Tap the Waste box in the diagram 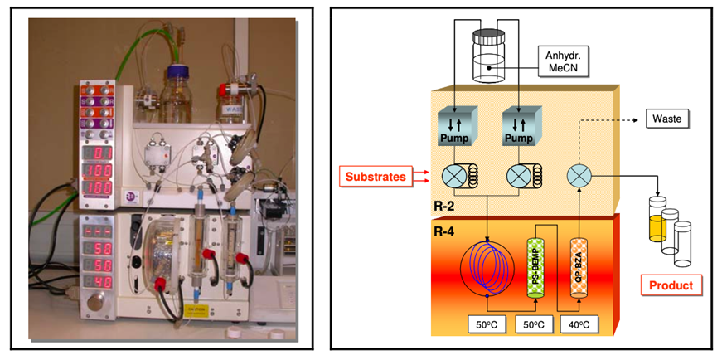click(666, 119)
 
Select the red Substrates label click(375, 176)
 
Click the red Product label click(671, 286)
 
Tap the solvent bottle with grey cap click(487, 56)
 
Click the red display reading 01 click(103, 153)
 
